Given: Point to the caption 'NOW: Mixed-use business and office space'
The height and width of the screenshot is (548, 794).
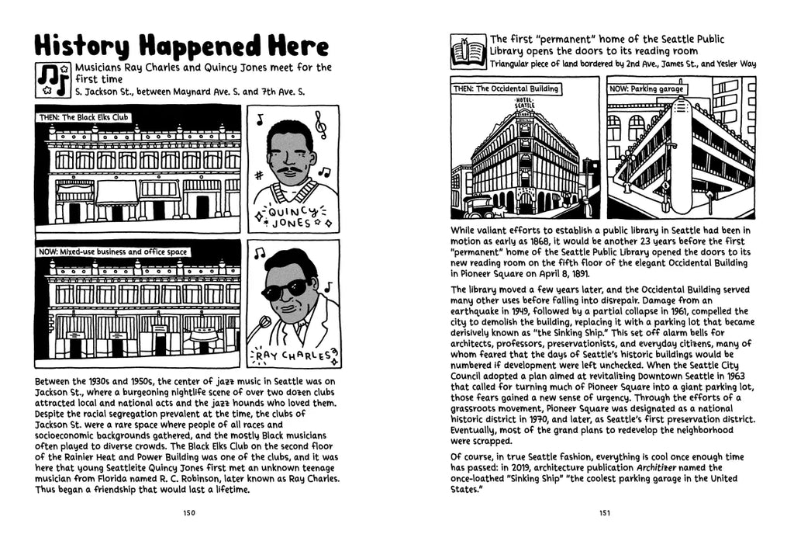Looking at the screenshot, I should (x=112, y=251).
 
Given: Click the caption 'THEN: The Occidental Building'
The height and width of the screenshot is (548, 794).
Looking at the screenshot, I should (x=506, y=88).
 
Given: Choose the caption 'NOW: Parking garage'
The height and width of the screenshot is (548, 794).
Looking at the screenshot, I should (x=647, y=88).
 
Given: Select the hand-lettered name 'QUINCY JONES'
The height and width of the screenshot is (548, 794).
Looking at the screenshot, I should (x=291, y=215).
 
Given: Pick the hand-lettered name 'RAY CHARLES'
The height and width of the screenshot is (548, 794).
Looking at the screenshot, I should (x=292, y=357).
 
